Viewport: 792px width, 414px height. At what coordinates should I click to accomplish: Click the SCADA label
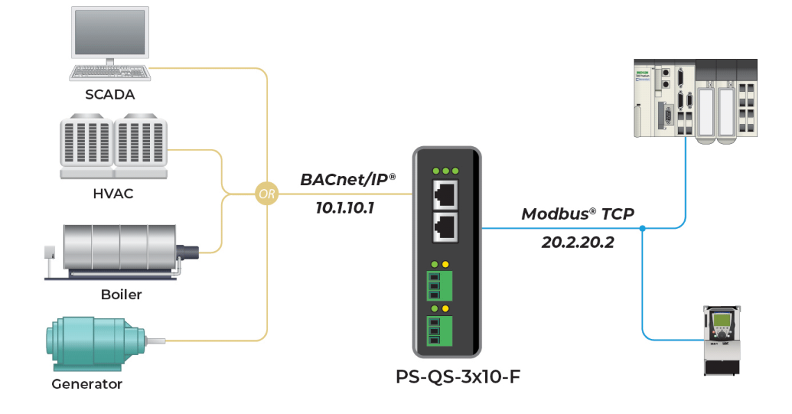110,94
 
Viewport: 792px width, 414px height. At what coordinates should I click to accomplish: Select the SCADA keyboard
110,72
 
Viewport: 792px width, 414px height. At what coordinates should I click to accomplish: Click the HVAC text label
113,194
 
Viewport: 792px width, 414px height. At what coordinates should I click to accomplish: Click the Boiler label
121,294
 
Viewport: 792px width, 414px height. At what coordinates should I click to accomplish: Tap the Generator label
87,384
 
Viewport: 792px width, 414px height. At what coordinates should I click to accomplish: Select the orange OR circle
267,194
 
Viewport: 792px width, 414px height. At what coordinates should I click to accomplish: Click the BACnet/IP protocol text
347,180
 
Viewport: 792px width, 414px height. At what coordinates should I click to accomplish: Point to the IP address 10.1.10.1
345,207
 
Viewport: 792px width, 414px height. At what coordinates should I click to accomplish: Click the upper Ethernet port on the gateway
446,192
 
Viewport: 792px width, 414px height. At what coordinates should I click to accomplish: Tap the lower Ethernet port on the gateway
446,227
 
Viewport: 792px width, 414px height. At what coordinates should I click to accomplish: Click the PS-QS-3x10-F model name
458,377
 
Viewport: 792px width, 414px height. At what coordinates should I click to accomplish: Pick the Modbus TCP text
577,214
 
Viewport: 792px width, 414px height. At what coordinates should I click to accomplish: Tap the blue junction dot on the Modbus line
643,228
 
